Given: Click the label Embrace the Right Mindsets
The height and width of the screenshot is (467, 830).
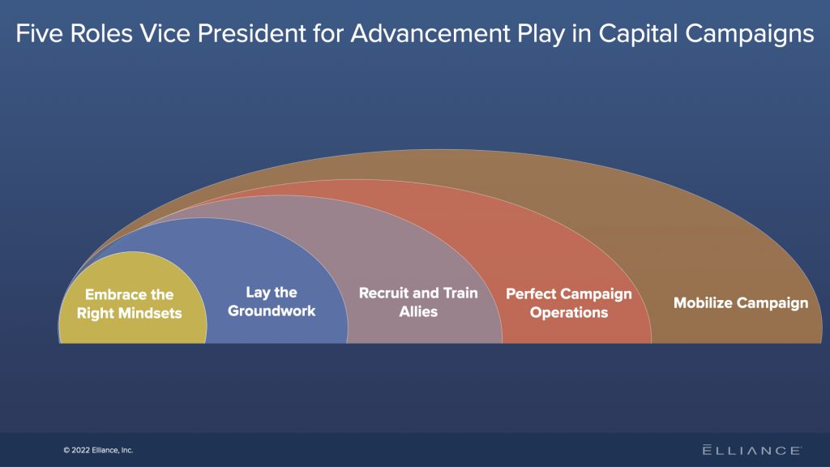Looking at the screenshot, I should [x=130, y=304].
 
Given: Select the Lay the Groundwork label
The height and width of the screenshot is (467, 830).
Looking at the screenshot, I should [x=272, y=302].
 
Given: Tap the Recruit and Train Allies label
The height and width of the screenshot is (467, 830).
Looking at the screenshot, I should [x=418, y=302].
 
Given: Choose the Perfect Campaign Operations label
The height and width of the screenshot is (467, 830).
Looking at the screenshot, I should [x=568, y=303].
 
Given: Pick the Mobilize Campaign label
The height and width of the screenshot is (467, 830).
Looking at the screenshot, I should [x=741, y=303].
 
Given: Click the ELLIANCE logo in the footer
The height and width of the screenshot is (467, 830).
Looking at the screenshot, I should [x=751, y=450].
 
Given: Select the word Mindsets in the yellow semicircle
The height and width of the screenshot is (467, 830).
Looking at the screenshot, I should [x=153, y=313].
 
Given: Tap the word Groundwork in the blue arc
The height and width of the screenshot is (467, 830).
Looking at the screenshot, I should [x=272, y=311].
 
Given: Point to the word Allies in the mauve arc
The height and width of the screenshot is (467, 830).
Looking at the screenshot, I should [x=418, y=311].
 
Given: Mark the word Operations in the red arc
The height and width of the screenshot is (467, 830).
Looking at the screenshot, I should [x=568, y=313].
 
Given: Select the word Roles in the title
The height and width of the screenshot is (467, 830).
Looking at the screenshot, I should [x=94, y=34].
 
